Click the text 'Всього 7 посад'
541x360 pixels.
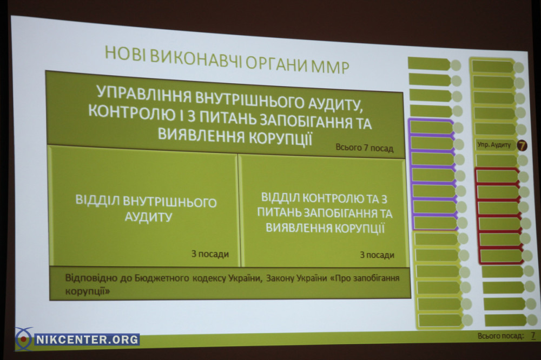pos(364,148)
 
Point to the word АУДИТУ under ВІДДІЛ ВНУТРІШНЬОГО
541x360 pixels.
pos(148,217)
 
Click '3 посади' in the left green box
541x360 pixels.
pos(210,254)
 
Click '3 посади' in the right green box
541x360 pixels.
pos(377,255)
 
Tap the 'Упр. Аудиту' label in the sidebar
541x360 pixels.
pos(494,144)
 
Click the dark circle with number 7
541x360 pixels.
pos(522,145)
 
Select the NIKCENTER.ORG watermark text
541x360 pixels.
pos(87,339)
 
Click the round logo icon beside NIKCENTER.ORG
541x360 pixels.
pos(23,339)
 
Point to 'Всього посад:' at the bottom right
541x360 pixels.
pos(500,336)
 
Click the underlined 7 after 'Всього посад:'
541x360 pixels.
pos(533,335)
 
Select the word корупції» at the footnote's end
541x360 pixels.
pos(87,291)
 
